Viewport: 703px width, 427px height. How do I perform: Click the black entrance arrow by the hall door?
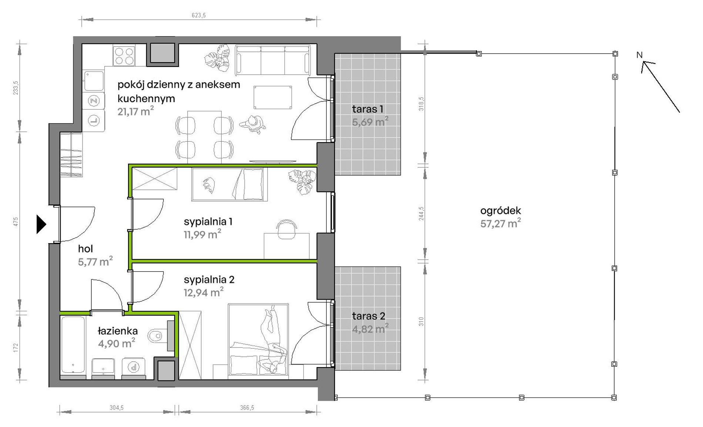(x=41, y=224)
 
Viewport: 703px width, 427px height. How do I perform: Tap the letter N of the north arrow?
(x=639, y=55)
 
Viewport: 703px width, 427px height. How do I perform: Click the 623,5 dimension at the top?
(x=199, y=16)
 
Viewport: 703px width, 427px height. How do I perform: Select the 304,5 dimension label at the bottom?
(x=117, y=408)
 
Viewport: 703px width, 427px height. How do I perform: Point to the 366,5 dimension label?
(x=247, y=408)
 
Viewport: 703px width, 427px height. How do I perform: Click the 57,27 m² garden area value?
(x=501, y=223)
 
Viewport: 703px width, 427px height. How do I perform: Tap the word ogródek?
(x=501, y=211)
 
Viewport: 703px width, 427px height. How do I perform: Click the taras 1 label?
(x=367, y=109)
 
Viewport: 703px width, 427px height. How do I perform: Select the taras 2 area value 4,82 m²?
(x=370, y=328)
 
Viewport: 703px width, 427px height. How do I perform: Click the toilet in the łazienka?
(x=155, y=336)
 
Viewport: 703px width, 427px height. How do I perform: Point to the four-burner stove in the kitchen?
(x=124, y=56)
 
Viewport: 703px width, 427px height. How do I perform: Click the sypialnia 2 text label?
(x=209, y=280)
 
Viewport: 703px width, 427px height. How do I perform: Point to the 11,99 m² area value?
(x=202, y=234)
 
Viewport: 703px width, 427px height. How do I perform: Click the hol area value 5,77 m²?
(x=95, y=261)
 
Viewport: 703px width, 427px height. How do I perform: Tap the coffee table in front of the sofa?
(x=273, y=97)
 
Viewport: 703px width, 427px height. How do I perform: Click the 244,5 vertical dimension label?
(x=421, y=213)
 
